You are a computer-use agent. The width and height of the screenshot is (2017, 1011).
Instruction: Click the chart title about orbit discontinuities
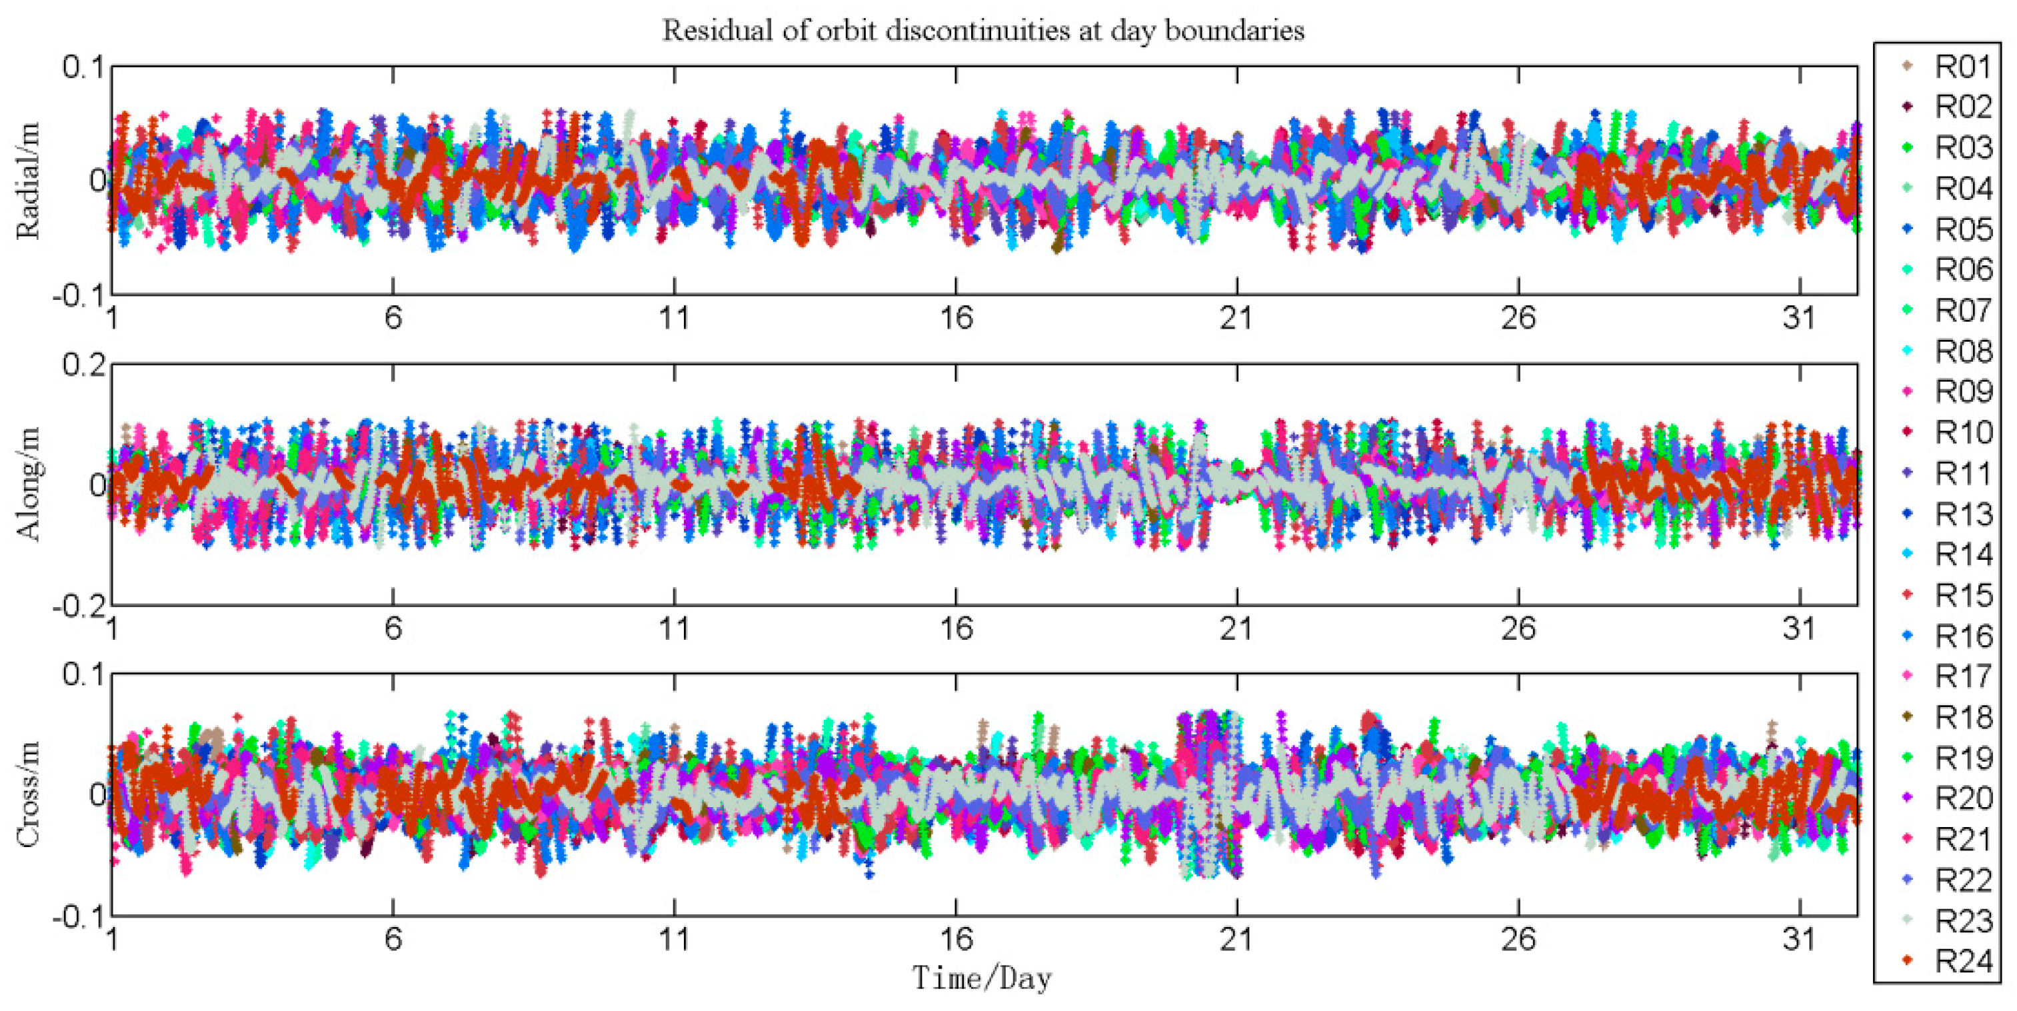tap(983, 31)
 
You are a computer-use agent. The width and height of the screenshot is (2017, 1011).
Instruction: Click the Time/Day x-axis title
tap(982, 978)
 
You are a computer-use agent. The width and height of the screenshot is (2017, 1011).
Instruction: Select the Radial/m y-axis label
tap(28, 181)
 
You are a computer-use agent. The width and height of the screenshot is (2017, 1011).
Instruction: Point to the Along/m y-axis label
tap(28, 484)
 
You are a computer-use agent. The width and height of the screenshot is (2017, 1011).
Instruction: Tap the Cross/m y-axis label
tap(28, 794)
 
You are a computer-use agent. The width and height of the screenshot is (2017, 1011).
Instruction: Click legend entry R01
tap(1962, 67)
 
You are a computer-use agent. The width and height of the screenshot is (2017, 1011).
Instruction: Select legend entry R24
tap(1962, 961)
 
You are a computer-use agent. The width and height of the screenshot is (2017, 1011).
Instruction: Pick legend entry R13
tap(1962, 514)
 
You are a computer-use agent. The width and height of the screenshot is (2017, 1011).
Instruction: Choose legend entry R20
tap(1962, 798)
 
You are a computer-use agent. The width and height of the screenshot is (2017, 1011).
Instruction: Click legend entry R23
tap(1962, 920)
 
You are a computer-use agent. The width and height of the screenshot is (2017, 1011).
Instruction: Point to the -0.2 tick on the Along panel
tap(78, 606)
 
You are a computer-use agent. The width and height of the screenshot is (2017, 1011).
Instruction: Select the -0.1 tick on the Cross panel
tap(78, 916)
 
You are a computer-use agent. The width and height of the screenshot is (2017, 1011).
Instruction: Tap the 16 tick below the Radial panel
tap(955, 319)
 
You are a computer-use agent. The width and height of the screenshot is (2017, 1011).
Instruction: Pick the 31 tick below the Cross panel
tap(1798, 938)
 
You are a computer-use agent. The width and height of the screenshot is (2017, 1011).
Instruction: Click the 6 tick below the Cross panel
tap(393, 938)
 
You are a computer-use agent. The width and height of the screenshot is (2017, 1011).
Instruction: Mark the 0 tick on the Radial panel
tap(98, 181)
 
